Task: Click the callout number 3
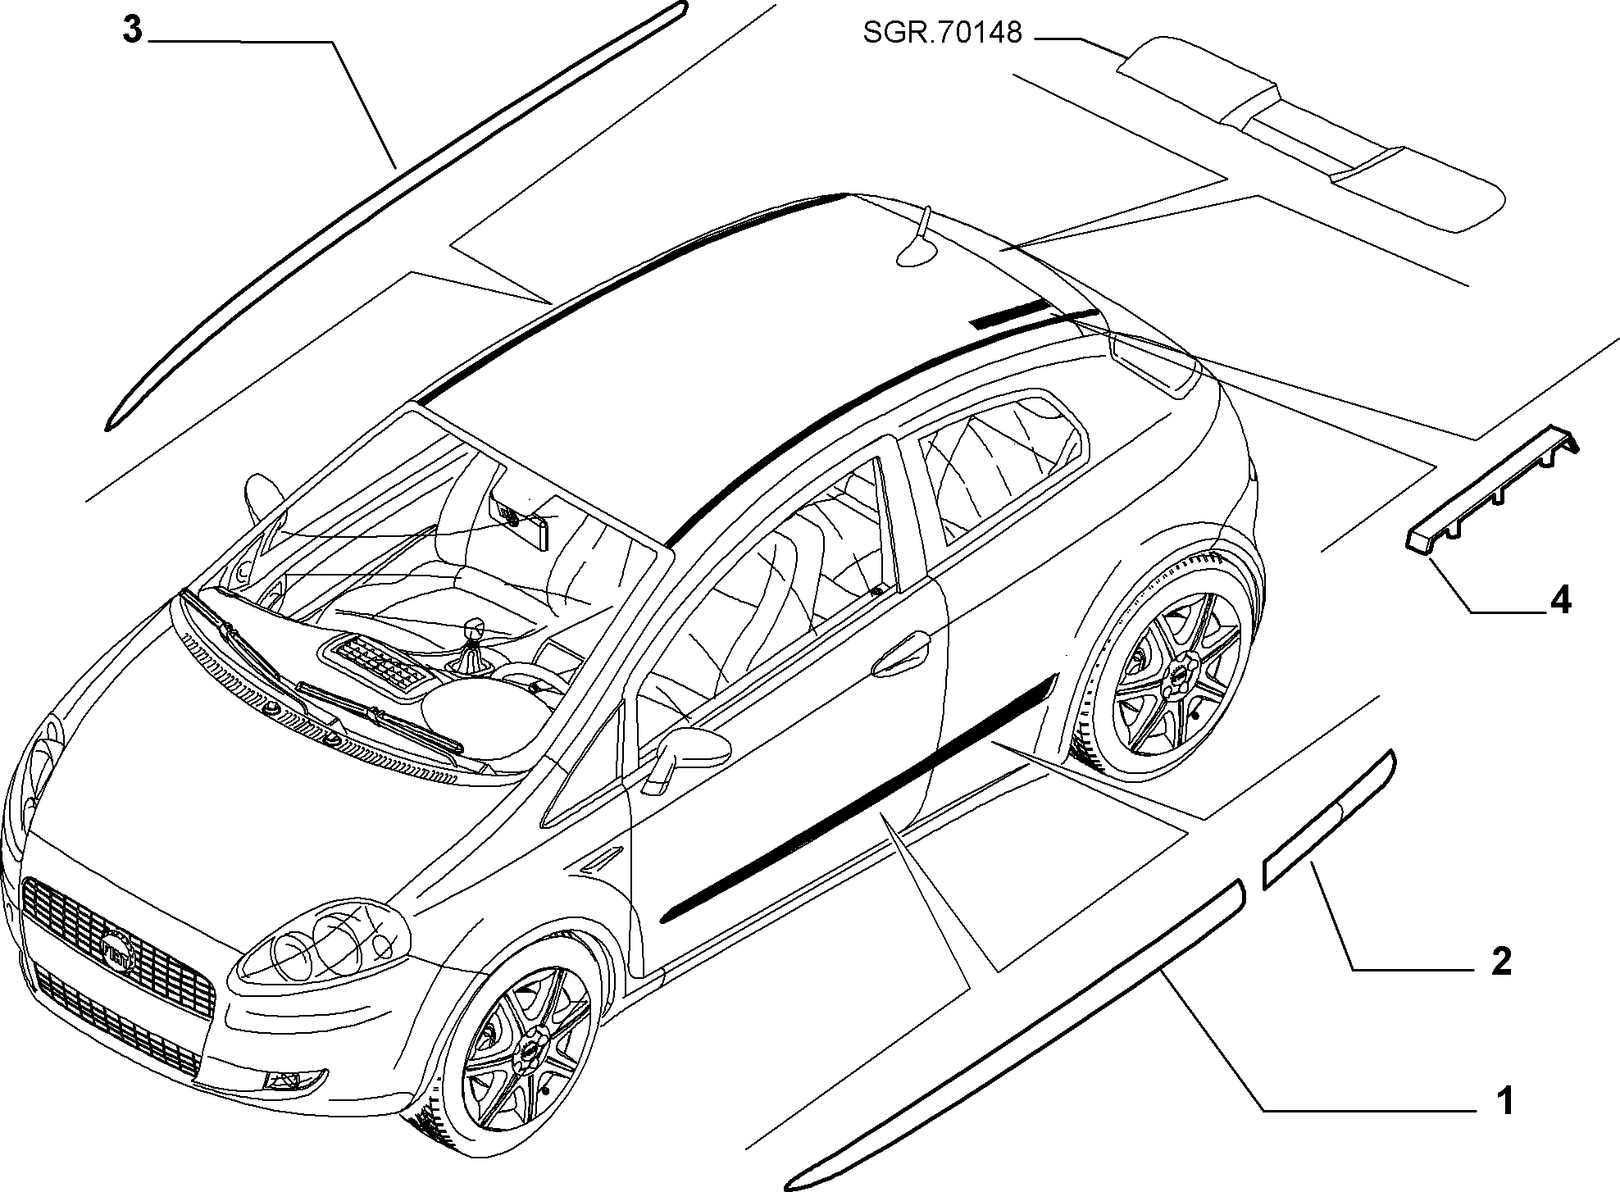pyautogui.click(x=132, y=30)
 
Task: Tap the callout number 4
pyautogui.click(x=1560, y=601)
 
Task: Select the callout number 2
pyautogui.click(x=1500, y=962)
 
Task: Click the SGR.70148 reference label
pyautogui.click(x=942, y=34)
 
